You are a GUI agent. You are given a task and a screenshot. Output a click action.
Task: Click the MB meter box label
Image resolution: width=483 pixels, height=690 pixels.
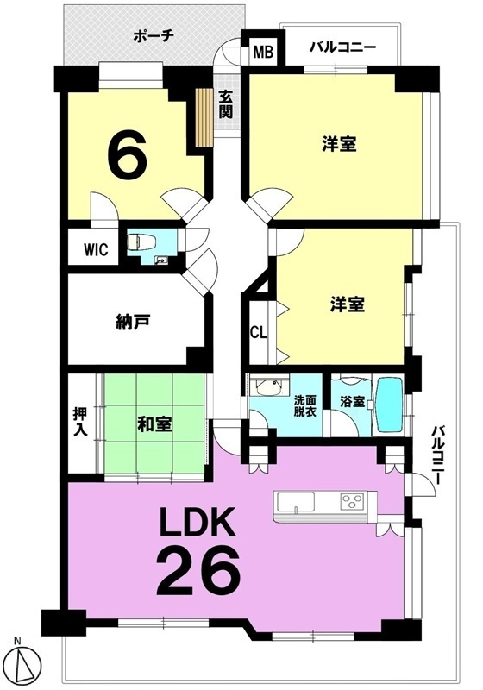coord(264,52)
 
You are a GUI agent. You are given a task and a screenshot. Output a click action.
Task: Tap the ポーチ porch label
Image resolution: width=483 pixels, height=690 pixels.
coord(154,35)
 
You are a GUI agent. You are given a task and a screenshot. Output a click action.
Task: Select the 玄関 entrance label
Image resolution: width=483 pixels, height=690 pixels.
coord(226,103)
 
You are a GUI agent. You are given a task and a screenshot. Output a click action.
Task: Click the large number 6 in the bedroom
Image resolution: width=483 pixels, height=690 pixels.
coord(128,153)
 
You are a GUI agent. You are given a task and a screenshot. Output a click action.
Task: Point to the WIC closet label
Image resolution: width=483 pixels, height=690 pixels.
coord(96,249)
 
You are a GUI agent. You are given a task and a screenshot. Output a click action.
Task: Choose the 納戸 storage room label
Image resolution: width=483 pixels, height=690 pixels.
coord(133,322)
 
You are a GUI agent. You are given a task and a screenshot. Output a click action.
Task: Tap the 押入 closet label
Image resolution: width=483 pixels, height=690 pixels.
coord(80,422)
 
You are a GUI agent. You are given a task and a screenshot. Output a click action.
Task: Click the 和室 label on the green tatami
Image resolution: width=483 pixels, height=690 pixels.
coord(155,424)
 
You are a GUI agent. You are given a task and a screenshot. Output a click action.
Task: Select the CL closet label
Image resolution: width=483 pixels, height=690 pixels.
coord(259,332)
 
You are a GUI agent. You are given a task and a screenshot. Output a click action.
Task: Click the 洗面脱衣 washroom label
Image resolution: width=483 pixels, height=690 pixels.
coord(304,407)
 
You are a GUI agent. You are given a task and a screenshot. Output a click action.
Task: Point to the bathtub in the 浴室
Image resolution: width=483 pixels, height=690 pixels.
coord(390,405)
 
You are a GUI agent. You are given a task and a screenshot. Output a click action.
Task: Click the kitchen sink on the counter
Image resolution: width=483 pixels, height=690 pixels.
coord(295,502)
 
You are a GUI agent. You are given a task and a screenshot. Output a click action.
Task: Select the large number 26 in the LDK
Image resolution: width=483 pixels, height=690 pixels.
coord(199,570)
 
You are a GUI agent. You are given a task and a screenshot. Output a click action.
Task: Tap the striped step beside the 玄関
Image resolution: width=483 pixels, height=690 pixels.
coord(204,117)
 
